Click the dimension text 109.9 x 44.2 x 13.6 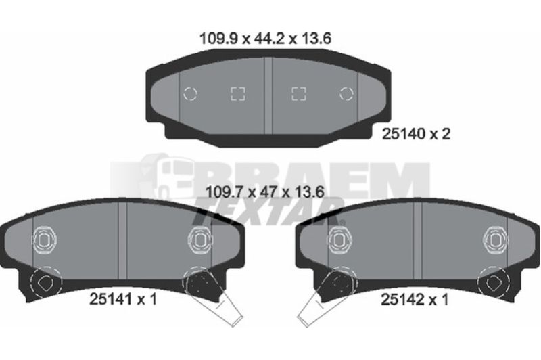265,39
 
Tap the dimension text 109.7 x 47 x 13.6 264,192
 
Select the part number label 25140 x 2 416,134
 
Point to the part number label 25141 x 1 123,299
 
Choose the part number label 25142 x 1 415,300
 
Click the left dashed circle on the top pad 190,94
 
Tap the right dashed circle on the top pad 346,94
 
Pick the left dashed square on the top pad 238,94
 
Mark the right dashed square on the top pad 299,94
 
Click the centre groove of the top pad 268,95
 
